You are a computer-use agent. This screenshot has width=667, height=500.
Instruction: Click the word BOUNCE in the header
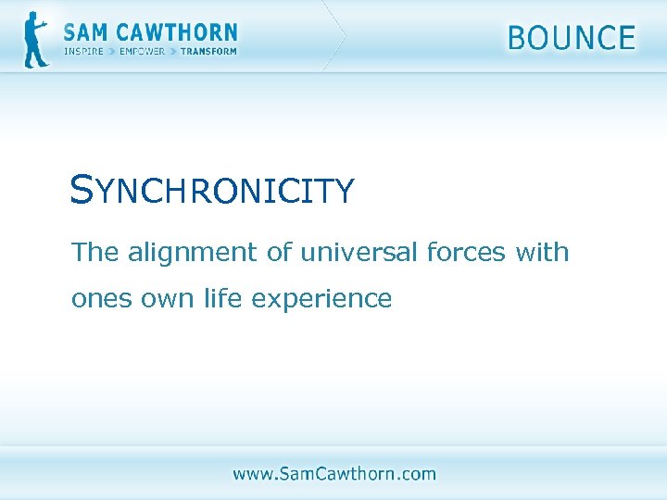(572, 38)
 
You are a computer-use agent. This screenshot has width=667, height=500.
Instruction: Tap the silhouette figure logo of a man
(35, 40)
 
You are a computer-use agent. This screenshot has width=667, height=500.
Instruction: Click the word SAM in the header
(87, 33)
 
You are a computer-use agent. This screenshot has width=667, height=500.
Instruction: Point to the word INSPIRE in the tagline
(83, 52)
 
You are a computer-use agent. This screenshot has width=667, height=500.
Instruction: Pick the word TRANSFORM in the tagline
(208, 52)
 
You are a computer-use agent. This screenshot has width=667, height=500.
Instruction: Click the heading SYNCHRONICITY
(212, 191)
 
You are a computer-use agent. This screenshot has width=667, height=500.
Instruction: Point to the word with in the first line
(542, 252)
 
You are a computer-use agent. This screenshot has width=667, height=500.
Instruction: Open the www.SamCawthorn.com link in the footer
(333, 474)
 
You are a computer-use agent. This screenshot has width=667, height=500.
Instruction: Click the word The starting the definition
(94, 252)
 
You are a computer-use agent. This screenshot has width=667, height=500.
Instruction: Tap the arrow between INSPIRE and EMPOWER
(112, 52)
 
